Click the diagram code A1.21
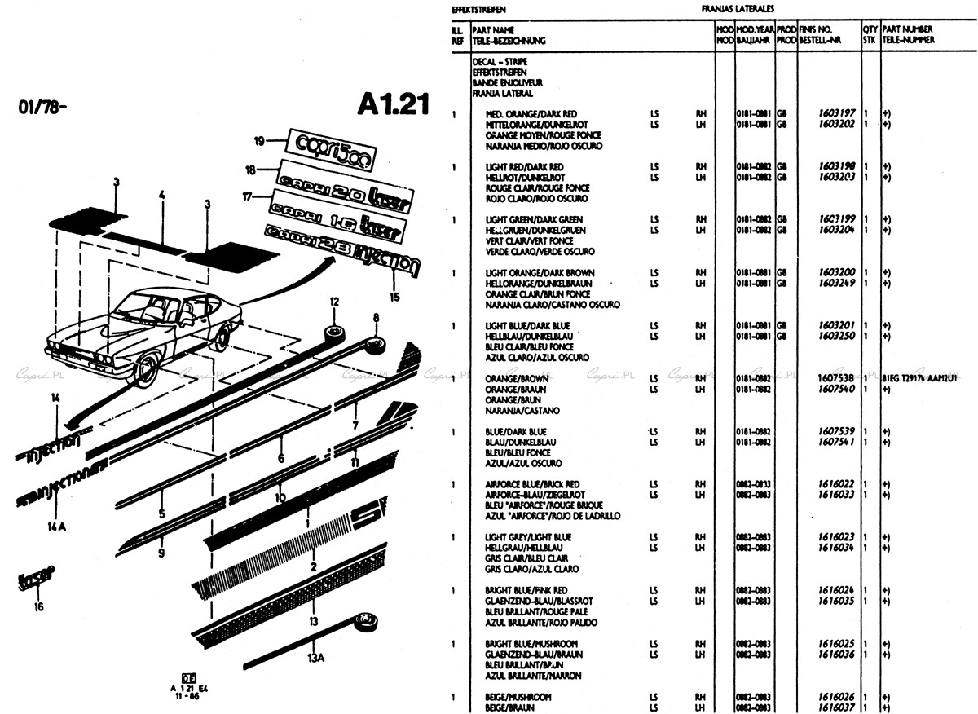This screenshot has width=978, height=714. coord(392,107)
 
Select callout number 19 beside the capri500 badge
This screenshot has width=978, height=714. coord(260,141)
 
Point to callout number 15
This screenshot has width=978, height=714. coord(394,297)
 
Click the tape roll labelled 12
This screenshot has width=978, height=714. coord(334,334)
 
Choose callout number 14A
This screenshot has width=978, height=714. coord(55,526)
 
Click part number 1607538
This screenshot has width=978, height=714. coord(838,379)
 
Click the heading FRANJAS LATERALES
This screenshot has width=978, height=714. coord(737,9)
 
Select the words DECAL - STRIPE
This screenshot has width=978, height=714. coord(500,61)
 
